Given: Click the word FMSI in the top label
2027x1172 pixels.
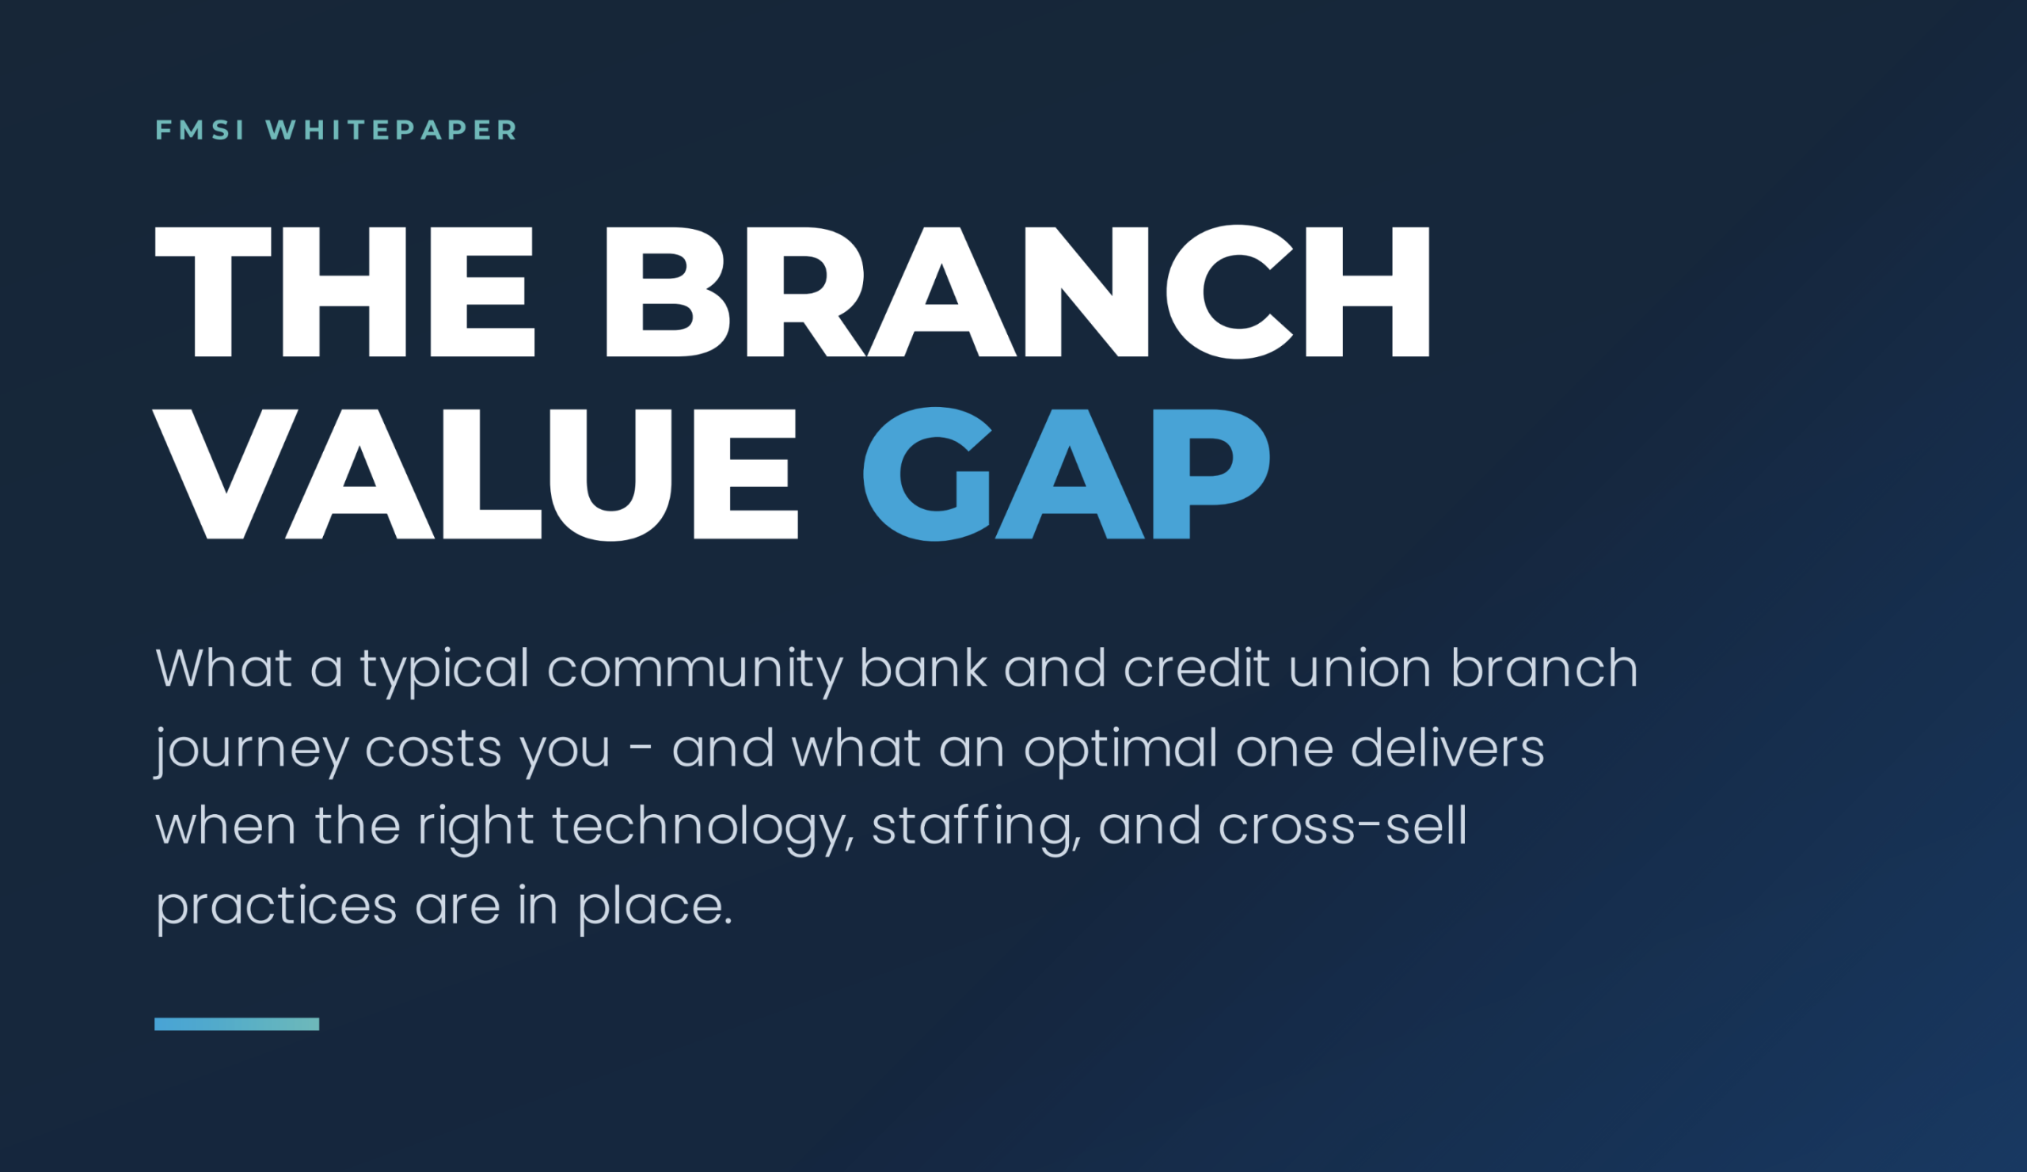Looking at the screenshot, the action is click(x=200, y=131).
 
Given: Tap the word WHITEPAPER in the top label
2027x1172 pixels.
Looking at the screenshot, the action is click(x=392, y=131).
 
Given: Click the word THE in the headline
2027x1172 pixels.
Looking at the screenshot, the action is click(x=345, y=291).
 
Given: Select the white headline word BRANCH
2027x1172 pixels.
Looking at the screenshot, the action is click(x=1017, y=291).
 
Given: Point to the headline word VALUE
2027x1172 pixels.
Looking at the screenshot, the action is click(x=476, y=474).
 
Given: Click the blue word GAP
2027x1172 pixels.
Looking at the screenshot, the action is click(x=1067, y=474).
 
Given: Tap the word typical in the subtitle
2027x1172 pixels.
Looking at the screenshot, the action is click(x=444, y=670).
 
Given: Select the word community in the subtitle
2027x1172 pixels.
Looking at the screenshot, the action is click(x=695, y=670).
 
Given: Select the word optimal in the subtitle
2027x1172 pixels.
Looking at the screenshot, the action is click(x=1120, y=750).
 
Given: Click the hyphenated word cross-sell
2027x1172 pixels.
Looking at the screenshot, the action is click(x=1342, y=826).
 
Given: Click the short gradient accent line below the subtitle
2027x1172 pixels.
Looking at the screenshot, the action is click(x=237, y=1024).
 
